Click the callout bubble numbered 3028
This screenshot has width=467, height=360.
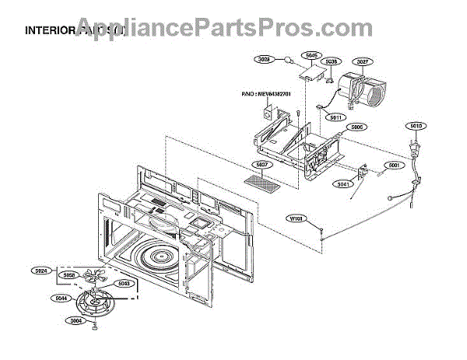pos(264,58)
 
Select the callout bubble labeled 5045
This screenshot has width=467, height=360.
pos(311,56)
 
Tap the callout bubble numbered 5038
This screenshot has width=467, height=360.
pos(332,61)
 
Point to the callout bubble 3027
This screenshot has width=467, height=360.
pos(362,61)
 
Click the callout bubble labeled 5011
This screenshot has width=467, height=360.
pos(336,117)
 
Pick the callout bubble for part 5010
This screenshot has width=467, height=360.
pos(416,126)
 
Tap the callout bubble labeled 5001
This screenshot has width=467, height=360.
pos(394,165)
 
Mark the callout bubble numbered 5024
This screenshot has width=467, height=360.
pos(41,272)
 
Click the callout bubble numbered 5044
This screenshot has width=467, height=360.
pos(61,297)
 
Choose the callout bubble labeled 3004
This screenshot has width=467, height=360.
pos(76,320)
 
